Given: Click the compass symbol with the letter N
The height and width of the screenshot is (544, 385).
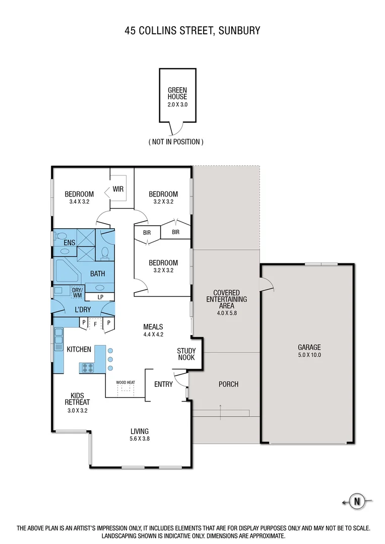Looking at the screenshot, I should pos(357,501).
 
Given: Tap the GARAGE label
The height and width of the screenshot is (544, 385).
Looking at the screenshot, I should pos(309,347).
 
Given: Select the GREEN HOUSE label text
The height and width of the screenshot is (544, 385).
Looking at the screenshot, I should pos(177,94).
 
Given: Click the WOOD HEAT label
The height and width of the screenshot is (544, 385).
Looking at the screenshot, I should pos(125,382).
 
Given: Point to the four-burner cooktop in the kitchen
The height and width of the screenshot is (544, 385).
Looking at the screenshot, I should pos(86,368).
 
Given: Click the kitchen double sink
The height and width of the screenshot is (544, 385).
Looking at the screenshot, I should pos(58,335).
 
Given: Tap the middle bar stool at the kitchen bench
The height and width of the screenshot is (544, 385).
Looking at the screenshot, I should pos(110,359).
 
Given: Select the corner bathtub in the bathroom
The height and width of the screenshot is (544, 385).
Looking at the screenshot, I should pos(66,271).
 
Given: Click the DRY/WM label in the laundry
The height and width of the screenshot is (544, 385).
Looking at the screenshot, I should pos(77,292).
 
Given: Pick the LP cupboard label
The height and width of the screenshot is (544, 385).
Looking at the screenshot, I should pos(100,297).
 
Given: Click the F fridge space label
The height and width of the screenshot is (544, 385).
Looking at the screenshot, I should pos(95,325).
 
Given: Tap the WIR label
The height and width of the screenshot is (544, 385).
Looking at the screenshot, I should pos(118,189).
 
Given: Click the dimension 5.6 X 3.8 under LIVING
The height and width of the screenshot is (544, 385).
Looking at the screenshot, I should pos(140,438).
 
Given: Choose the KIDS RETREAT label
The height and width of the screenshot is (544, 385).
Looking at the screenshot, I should pos(77,398).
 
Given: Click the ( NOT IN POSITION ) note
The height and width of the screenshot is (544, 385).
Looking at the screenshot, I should pos(176,142).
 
